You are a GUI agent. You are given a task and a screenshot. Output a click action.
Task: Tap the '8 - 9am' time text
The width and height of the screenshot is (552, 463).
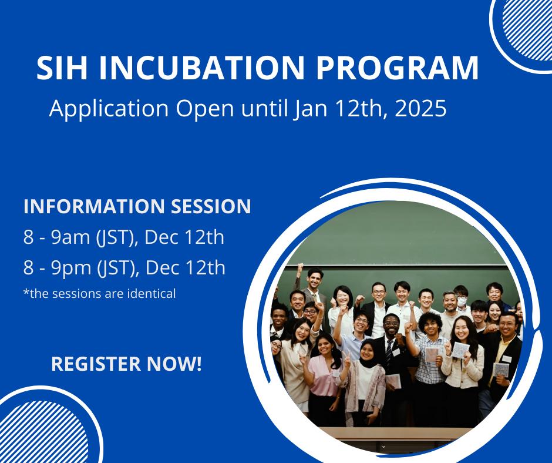pyautogui.click(x=56, y=237)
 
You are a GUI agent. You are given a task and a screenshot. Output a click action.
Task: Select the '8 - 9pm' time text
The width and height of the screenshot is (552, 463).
pyautogui.click(x=56, y=268)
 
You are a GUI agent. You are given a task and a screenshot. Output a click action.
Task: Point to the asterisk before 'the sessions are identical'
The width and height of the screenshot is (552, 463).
pyautogui.click(x=26, y=291)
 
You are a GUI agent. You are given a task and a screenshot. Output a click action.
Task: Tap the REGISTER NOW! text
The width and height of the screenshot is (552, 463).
pyautogui.click(x=126, y=364)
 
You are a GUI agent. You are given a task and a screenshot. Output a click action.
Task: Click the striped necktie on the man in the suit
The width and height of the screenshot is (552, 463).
pyautogui.click(x=389, y=353)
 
